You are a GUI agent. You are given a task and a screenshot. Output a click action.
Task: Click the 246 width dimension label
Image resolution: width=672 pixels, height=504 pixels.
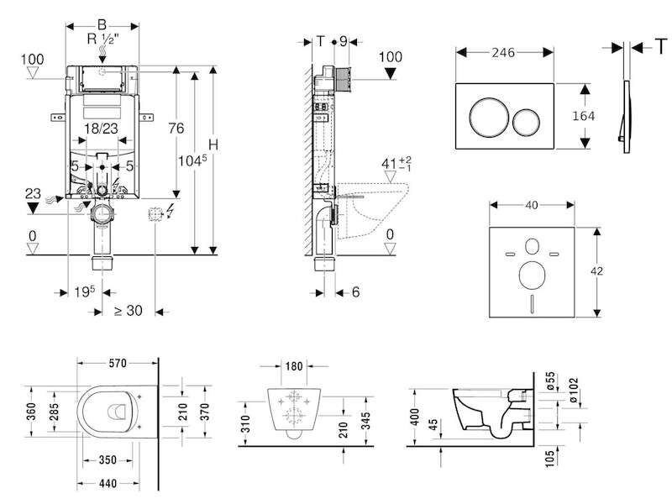pyautogui.click(x=503, y=52)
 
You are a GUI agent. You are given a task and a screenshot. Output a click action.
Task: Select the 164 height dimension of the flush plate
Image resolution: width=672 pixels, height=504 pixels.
pyautogui.click(x=583, y=116)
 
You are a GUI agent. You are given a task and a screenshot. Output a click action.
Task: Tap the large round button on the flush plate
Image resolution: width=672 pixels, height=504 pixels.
pyautogui.click(x=489, y=116)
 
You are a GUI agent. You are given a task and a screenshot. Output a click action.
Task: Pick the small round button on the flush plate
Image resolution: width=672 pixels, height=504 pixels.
pyautogui.click(x=526, y=122)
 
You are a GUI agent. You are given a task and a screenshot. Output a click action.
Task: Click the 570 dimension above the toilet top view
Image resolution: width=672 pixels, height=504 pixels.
pyautogui.click(x=118, y=364)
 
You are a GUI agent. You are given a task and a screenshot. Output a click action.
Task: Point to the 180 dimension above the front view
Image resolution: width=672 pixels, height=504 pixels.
pyautogui.click(x=294, y=366)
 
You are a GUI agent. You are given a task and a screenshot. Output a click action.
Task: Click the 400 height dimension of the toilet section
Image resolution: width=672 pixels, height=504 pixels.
pyautogui.click(x=415, y=417)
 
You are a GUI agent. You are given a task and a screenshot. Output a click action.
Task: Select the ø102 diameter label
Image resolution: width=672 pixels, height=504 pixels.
pyautogui.click(x=573, y=391)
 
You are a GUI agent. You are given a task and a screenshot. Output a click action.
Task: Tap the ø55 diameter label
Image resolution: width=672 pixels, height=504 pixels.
pyautogui.click(x=550, y=381)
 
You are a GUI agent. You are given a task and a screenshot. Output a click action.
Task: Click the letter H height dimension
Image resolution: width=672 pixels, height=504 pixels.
pyautogui.click(x=213, y=144)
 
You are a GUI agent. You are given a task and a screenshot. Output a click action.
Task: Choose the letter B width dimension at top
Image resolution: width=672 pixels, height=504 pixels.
pyautogui.click(x=102, y=25)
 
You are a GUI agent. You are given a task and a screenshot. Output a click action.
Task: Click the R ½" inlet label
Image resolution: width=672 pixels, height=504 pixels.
pyautogui.click(x=102, y=39)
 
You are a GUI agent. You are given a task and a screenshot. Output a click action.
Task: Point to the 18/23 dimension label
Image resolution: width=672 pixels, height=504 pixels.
pyautogui.click(x=101, y=129)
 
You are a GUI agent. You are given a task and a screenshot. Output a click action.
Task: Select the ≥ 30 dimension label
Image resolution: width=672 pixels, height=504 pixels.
pyautogui.click(x=129, y=310)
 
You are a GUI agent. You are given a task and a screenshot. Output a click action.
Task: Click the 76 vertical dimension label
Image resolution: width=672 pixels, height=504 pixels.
pyautogui.click(x=176, y=128)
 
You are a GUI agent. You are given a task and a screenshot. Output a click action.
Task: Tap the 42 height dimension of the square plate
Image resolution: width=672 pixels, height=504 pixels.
pyautogui.click(x=596, y=270)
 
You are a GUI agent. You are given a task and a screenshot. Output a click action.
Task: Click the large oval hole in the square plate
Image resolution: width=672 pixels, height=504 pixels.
pyautogui.click(x=532, y=275)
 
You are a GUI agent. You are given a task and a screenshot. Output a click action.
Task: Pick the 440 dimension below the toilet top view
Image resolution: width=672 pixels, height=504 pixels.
pyautogui.click(x=108, y=484)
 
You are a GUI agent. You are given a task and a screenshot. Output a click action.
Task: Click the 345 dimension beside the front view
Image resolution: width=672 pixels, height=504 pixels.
pyautogui.click(x=365, y=421)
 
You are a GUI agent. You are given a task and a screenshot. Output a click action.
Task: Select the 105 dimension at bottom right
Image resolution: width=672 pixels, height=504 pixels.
pyautogui.click(x=550, y=457)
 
